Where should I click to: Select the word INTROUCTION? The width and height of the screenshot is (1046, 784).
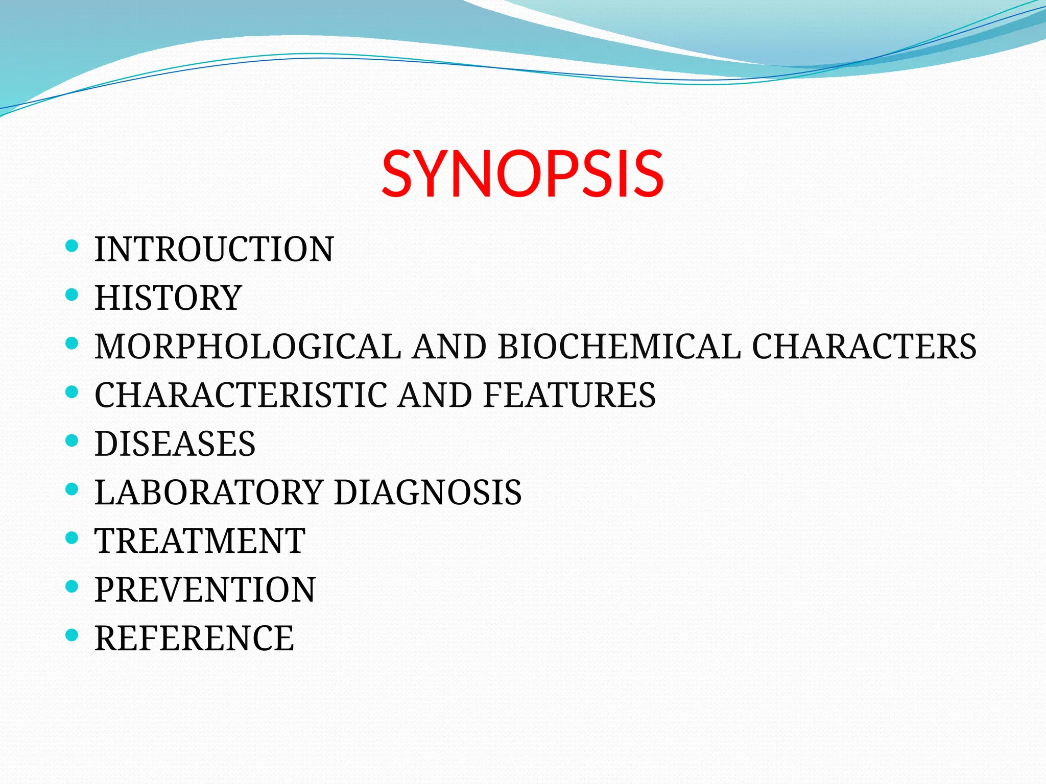214,250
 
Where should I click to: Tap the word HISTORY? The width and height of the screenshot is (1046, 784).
168,298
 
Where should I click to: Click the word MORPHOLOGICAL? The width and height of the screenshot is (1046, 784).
248,347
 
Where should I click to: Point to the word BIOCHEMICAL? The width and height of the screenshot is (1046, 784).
619,347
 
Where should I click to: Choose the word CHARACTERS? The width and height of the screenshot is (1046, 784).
864,347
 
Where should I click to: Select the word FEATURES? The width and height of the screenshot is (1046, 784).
569,395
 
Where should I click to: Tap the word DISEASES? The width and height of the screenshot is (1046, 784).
175,444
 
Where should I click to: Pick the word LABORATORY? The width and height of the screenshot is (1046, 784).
209,493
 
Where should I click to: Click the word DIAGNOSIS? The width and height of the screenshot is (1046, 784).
427,493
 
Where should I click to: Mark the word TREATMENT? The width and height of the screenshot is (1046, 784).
200,541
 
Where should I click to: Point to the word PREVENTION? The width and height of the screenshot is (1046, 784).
205,590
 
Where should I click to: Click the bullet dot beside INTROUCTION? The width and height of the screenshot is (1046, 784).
72,247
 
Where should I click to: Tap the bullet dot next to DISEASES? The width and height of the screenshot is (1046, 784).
72,440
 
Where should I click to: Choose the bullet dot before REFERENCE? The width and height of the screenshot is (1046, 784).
72,635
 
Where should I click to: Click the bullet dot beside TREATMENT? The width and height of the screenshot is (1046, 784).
72,538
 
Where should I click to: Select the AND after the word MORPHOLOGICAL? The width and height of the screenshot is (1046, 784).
449,347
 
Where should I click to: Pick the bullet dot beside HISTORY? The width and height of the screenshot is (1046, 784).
72,295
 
